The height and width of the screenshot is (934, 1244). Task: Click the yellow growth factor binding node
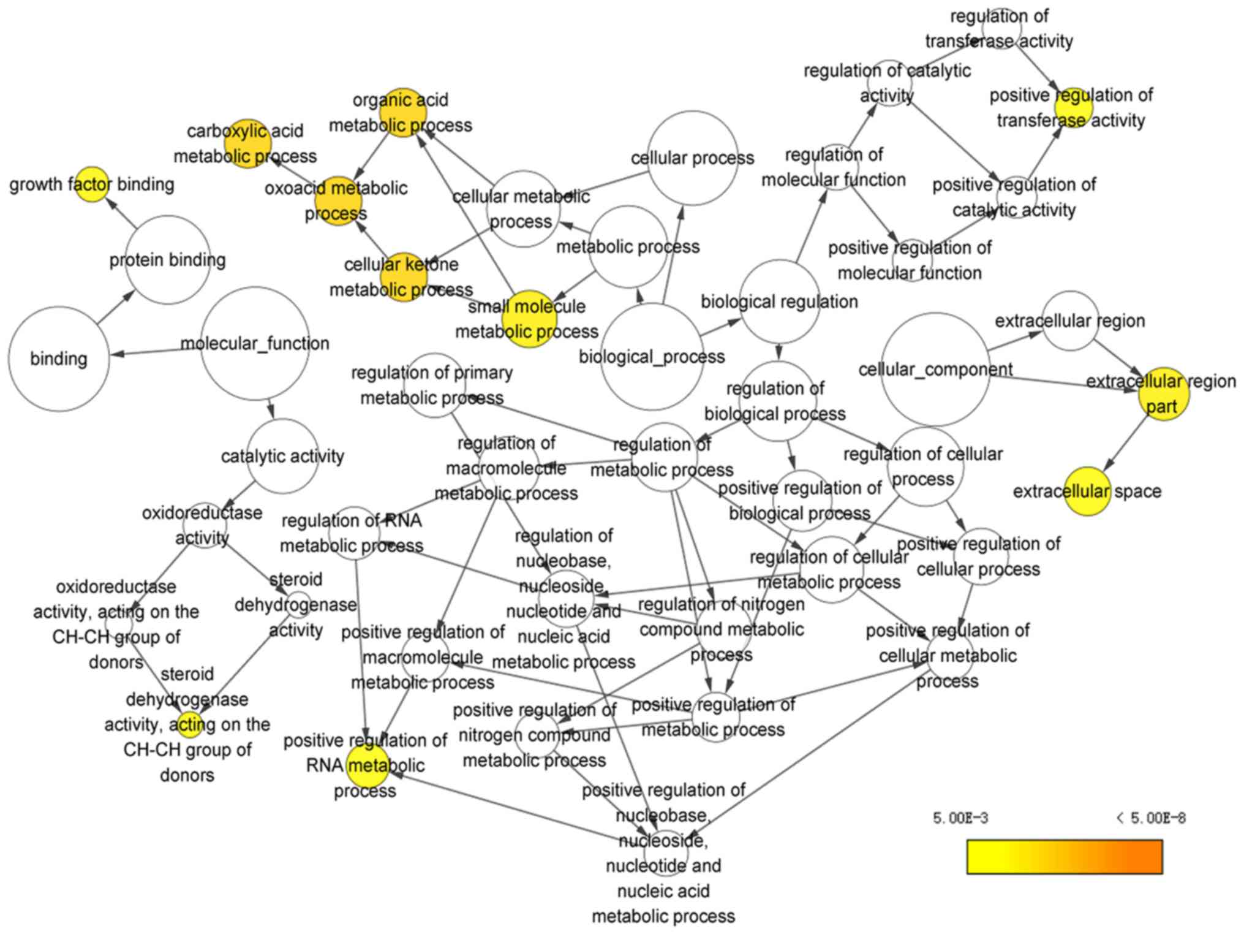(x=92, y=184)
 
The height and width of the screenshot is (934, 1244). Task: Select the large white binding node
(x=59, y=359)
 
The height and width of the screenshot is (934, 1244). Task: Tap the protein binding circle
(x=167, y=260)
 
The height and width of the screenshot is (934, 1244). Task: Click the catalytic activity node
(x=282, y=456)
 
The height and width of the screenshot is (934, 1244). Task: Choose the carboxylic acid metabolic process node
(x=247, y=143)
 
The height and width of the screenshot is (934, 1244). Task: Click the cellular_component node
(x=935, y=370)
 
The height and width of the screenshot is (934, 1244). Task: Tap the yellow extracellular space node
(x=1087, y=491)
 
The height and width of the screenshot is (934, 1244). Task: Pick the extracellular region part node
(x=1163, y=394)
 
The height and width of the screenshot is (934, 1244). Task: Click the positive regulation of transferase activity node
(x=1071, y=107)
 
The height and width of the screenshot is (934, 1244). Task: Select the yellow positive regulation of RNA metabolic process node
(x=367, y=765)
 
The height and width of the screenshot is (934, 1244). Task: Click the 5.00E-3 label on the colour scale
(x=960, y=818)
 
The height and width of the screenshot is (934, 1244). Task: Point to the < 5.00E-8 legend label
(x=1150, y=818)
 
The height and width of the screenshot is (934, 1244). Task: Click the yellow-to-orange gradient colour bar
(x=1064, y=856)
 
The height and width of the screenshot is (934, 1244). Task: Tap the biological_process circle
(x=652, y=357)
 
